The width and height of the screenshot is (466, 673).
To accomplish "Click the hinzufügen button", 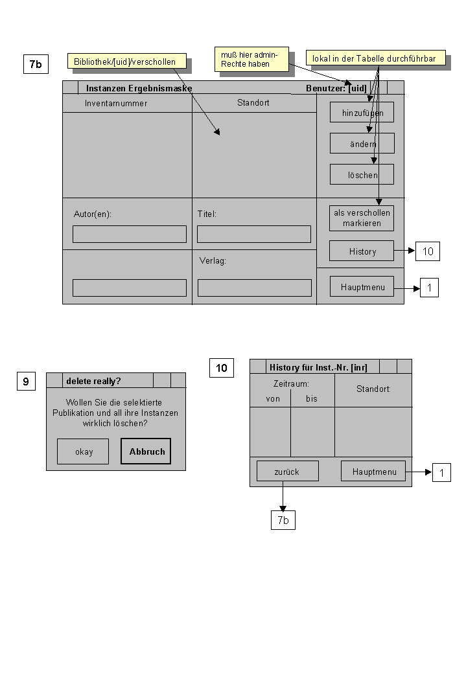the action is pyautogui.click(x=362, y=113).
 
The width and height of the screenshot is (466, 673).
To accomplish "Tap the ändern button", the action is pyautogui.click(x=362, y=143).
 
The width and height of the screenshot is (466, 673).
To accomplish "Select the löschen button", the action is pyautogui.click(x=362, y=174).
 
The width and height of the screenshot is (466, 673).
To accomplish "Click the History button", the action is pyautogui.click(x=362, y=251).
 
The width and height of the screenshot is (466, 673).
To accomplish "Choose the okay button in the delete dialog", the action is pyautogui.click(x=83, y=451).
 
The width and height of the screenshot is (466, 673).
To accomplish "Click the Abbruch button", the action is pyautogui.click(x=146, y=451).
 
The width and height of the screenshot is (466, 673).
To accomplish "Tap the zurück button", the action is pyautogui.click(x=288, y=472).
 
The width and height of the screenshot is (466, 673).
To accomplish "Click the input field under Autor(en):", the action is pyautogui.click(x=130, y=234).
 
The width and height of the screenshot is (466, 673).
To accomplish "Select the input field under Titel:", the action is pyautogui.click(x=254, y=234).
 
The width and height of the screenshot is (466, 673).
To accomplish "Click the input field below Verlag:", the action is pyautogui.click(x=255, y=288).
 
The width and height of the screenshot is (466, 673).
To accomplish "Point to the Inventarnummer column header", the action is pyautogui.click(x=116, y=104).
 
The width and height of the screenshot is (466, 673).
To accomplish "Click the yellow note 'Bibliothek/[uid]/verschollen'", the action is pyautogui.click(x=127, y=61).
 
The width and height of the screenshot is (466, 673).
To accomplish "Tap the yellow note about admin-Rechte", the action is pyautogui.click(x=251, y=59).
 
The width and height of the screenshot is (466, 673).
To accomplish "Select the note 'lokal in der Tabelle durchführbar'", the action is pyautogui.click(x=376, y=58).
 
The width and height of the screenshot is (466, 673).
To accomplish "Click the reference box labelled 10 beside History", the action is pyautogui.click(x=428, y=251).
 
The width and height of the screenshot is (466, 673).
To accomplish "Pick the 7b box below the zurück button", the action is pyautogui.click(x=283, y=520).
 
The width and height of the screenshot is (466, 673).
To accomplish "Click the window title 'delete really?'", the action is pyautogui.click(x=93, y=381).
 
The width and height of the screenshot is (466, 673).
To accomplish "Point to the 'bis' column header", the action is pyautogui.click(x=312, y=399).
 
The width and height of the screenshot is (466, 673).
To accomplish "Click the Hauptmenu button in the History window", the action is pyautogui.click(x=373, y=472).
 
